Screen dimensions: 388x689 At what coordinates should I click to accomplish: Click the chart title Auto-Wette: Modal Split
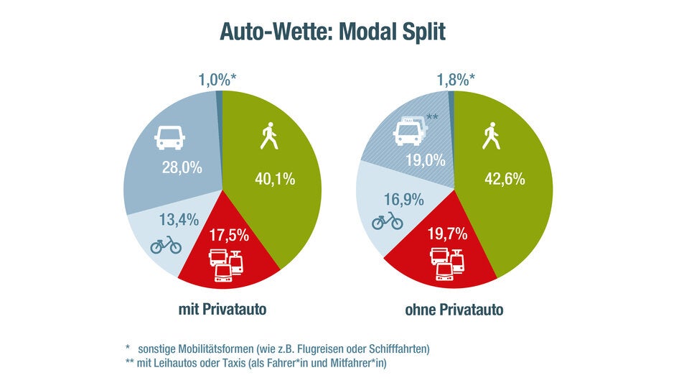tap(332, 33)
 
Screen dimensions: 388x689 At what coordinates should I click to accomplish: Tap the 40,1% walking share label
tap(275, 179)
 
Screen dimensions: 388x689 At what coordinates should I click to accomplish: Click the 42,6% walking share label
tap(505, 179)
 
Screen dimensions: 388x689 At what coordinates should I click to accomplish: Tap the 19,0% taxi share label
tap(426, 162)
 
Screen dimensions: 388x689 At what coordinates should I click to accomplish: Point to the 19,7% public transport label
tap(448, 234)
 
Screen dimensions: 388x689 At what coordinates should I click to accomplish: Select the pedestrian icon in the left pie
tap(268, 137)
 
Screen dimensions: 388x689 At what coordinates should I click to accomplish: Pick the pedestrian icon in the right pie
tap(491, 137)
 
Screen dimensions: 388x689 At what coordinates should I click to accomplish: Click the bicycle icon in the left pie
tap(166, 245)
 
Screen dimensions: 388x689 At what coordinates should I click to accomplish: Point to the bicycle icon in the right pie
tap(388, 221)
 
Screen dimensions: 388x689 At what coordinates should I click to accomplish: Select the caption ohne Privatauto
tap(454, 310)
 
